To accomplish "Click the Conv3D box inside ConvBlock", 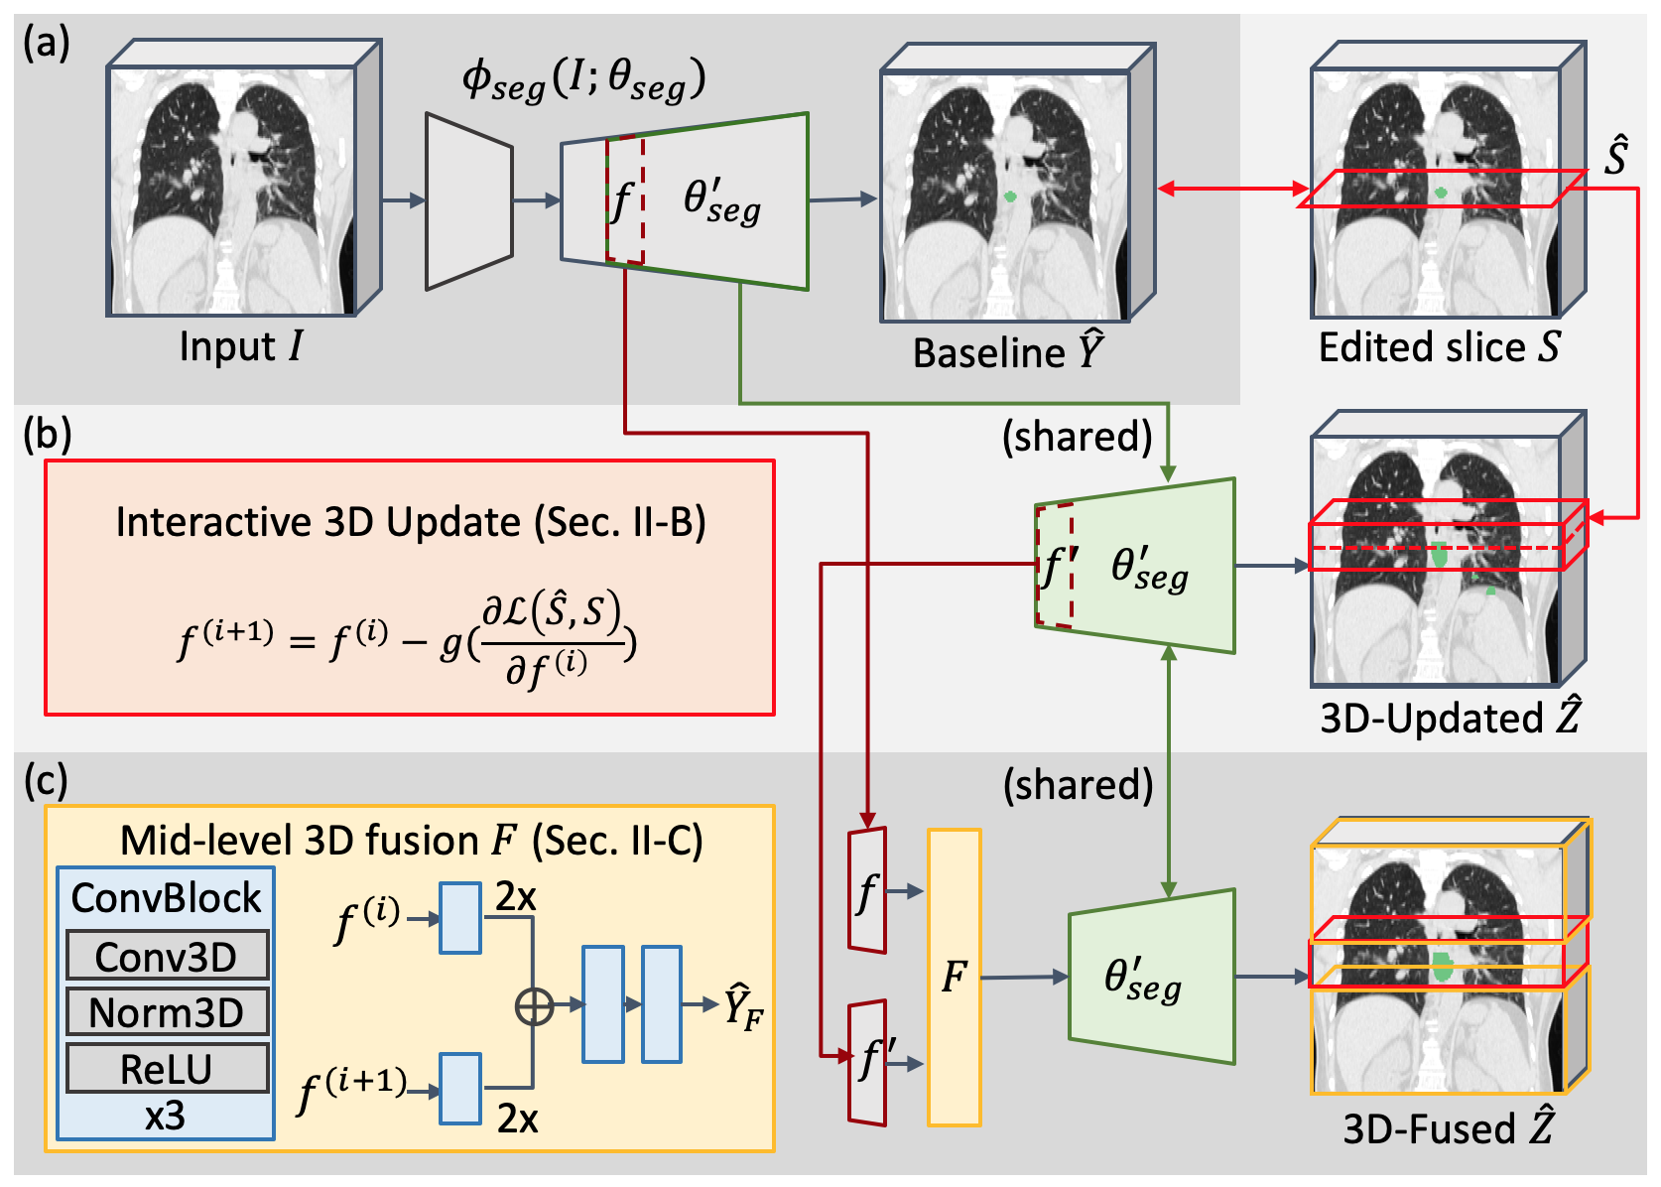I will [167, 957].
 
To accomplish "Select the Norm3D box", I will [167, 1012].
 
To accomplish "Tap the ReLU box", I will [167, 1069].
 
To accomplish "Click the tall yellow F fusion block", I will [954, 978].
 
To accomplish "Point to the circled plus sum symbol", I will [534, 1005].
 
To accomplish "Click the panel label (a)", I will [46, 44].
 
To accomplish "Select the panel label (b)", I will [46, 436].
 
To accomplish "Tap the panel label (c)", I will [46, 781].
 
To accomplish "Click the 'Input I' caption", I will [241, 346].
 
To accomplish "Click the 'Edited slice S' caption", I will [1439, 347].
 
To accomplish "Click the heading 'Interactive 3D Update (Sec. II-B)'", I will [411, 522].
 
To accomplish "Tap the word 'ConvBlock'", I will [166, 898].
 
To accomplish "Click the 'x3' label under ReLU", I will [165, 1117].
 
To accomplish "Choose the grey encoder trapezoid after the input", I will [468, 201].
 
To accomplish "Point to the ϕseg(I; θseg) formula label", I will [583, 79].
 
